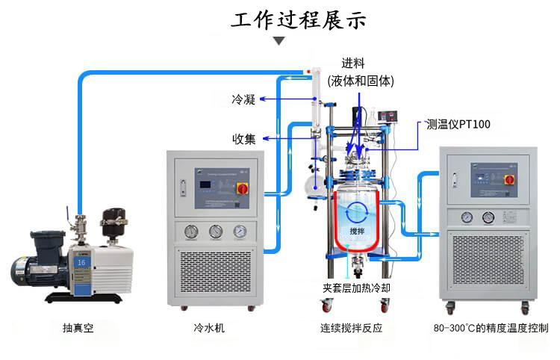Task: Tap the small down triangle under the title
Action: point(279,41)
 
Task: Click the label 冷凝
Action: point(244,99)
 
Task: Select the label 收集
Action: point(244,138)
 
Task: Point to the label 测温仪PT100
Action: point(458,124)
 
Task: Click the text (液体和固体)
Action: point(361,81)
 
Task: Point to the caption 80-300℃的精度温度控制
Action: point(491,328)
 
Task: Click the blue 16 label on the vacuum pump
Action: point(81,262)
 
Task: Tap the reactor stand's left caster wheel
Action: point(328,305)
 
